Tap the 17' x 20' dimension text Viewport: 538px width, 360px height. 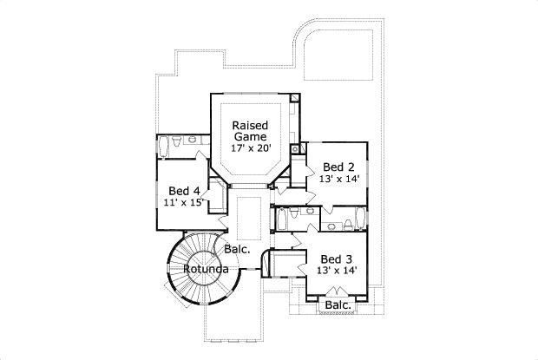(251, 148)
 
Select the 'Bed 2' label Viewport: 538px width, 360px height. (338, 167)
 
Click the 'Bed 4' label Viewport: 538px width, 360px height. (184, 191)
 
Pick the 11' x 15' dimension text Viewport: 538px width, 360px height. (184, 203)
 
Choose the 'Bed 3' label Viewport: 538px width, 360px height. (336, 259)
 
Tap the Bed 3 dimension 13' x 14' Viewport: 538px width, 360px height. (338, 271)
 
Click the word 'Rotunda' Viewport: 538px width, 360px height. (206, 270)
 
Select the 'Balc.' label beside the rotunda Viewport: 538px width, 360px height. (237, 250)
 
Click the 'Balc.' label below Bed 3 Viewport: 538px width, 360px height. (338, 305)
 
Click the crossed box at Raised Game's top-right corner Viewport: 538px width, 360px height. (295, 98)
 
